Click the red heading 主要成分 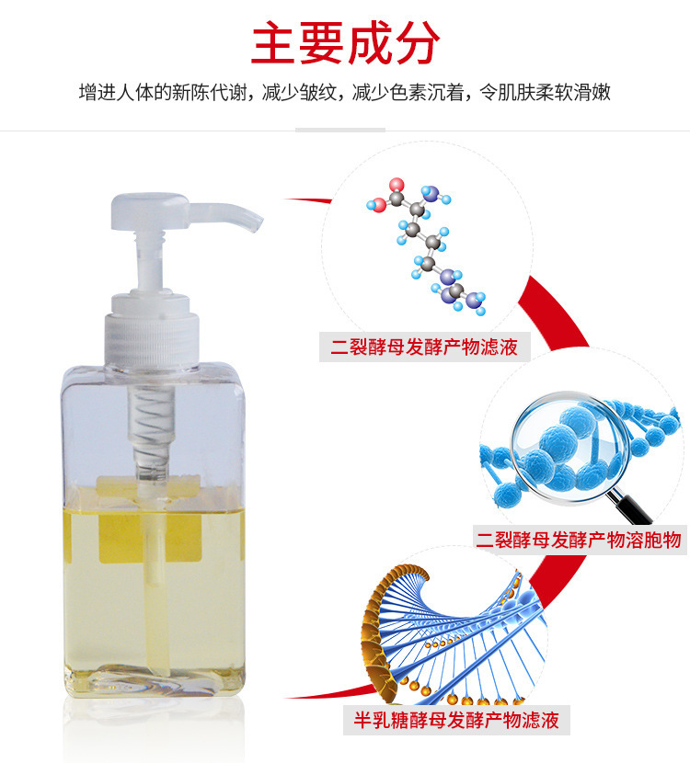pos(345,43)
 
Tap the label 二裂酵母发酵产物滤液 pos(424,347)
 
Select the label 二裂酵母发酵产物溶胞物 pos(579,540)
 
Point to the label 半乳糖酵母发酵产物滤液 pos(456,720)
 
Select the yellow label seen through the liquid pos(150,537)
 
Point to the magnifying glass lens pos(564,445)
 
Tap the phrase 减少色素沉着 pos(407,92)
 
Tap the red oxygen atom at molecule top pos(397,185)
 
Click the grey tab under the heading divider pos(340,130)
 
